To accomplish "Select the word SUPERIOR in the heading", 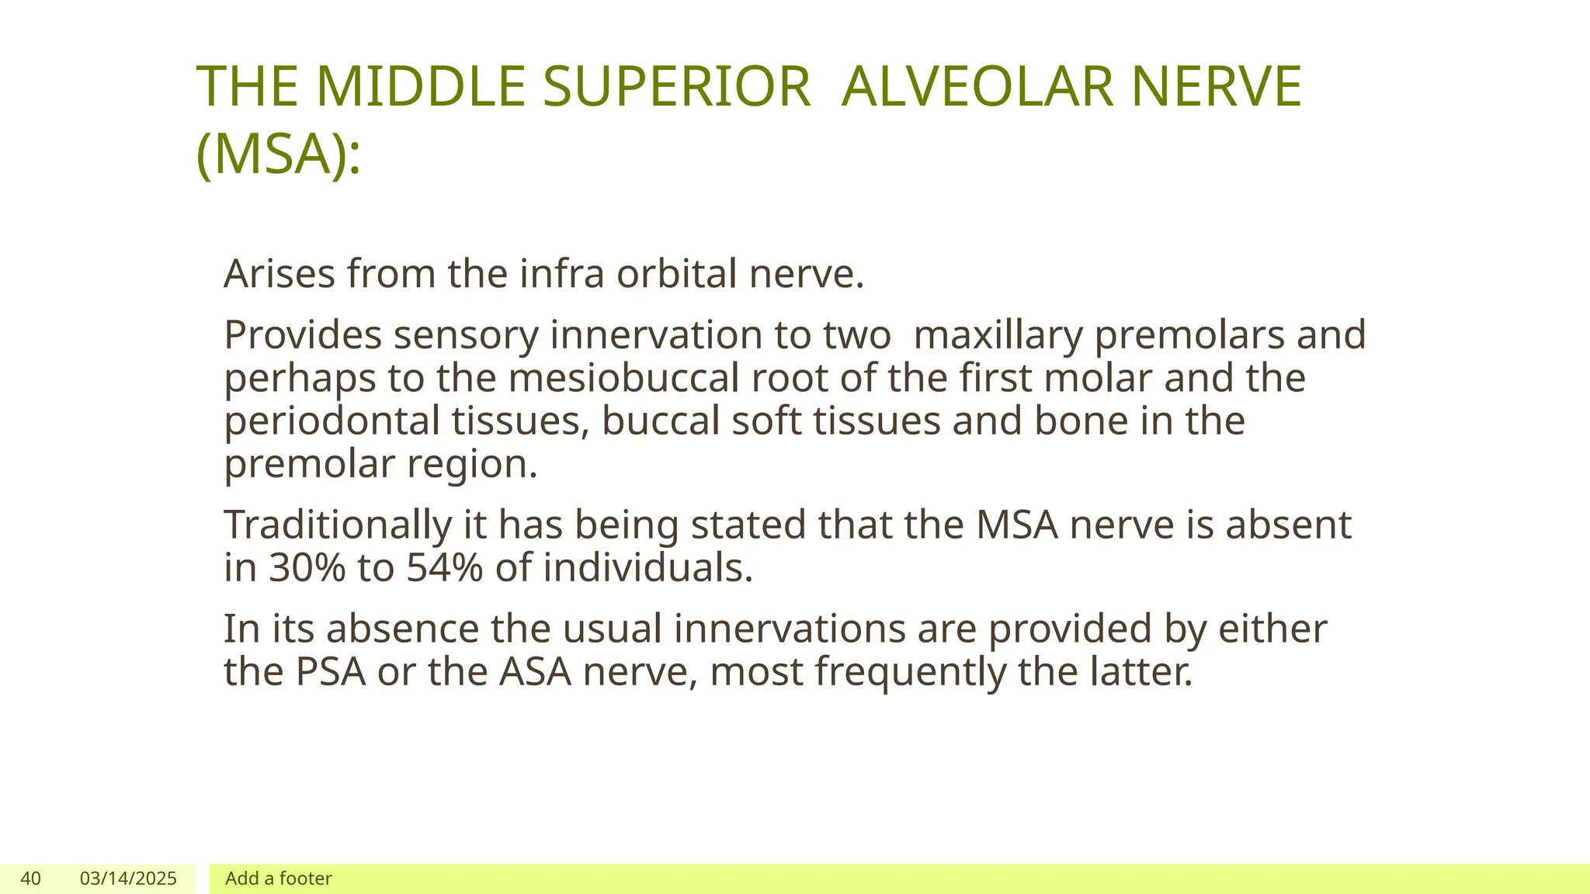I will tap(676, 86).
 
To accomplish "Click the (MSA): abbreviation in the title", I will tap(279, 154).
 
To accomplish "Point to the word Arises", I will tap(279, 274).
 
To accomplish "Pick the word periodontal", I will tap(332, 421).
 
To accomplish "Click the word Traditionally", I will tap(337, 525).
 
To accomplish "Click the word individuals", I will tap(647, 568).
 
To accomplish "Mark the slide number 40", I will tap(30, 878).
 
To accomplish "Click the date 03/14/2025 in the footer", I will tap(128, 878).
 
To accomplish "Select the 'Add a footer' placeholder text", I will tap(278, 878).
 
